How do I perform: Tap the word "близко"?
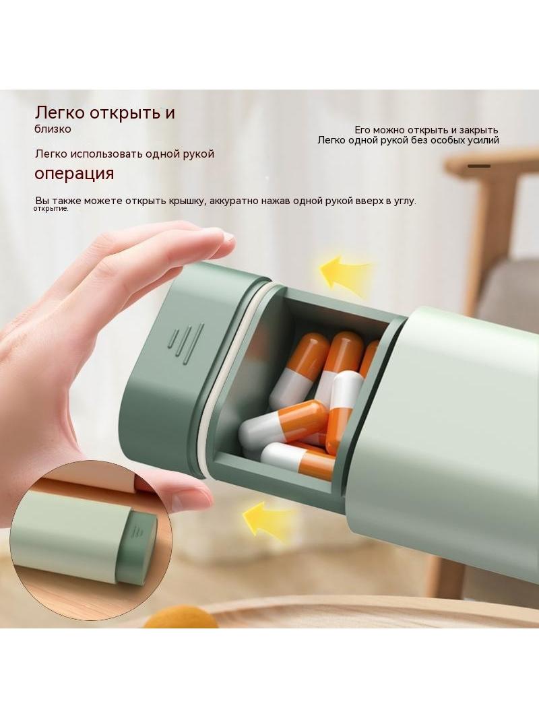53,129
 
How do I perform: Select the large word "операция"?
74,174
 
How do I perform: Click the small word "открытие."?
51,209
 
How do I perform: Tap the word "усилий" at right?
482,141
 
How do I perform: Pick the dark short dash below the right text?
478,166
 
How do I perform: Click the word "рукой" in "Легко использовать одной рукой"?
198,154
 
